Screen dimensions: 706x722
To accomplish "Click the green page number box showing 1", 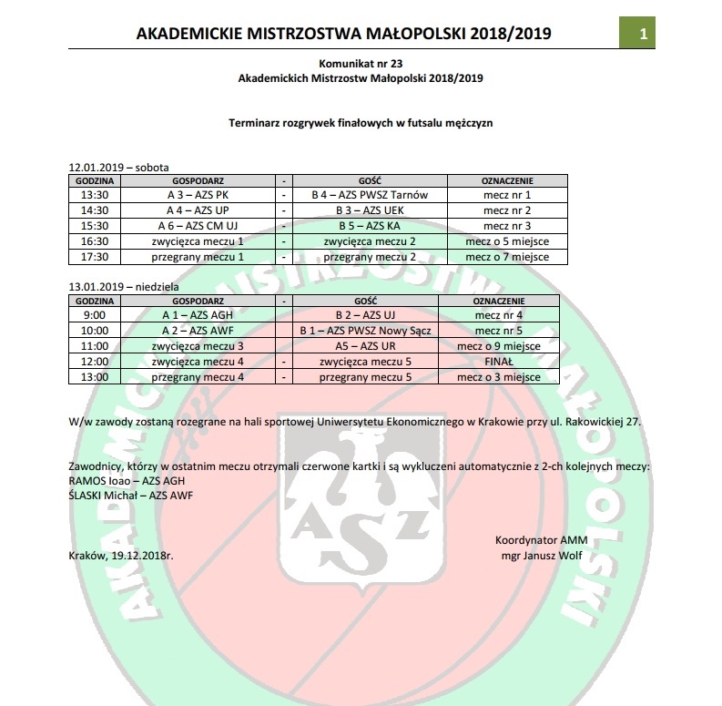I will click(643, 35).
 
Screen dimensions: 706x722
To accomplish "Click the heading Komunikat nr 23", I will click(360, 66).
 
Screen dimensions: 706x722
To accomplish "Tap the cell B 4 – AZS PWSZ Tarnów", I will click(369, 195).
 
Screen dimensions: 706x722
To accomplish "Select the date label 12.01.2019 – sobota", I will click(118, 169).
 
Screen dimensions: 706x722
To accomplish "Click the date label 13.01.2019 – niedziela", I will click(124, 287).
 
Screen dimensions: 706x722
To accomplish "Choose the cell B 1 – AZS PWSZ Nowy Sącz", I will click(369, 330).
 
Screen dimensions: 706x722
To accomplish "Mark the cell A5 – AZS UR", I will click(369, 345).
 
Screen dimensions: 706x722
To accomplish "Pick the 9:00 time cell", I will click(95, 314).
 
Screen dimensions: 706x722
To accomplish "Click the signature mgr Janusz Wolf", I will click(543, 554).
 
